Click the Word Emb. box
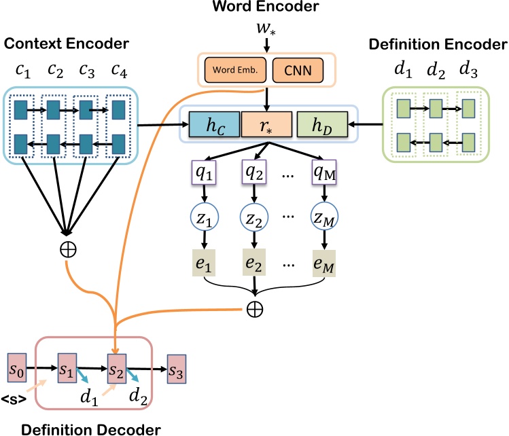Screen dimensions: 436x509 236,70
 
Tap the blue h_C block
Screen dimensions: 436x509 213,126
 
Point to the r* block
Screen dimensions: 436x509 266,126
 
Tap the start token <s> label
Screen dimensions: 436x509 14,399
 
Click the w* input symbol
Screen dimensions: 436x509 266,30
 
